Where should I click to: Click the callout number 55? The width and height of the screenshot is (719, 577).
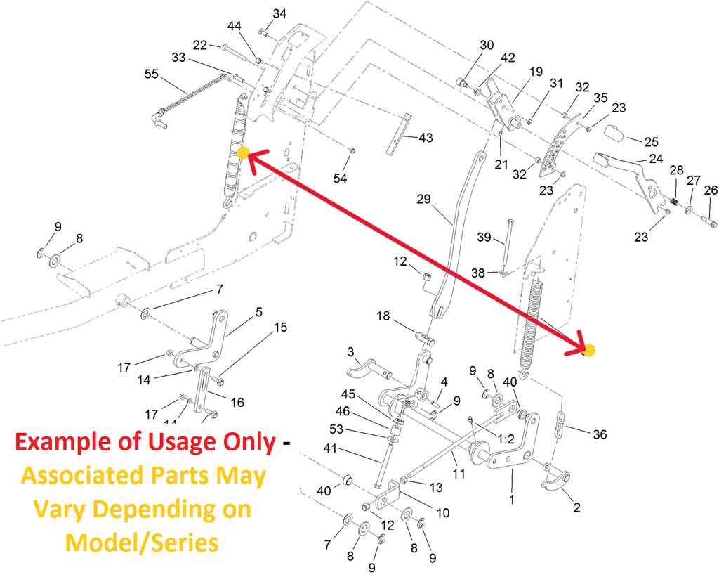pos(152,74)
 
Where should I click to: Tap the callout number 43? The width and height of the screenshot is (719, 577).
pos(426,138)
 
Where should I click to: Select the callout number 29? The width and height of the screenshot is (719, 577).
pos(423,199)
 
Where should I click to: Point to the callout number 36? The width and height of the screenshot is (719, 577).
pos(600,434)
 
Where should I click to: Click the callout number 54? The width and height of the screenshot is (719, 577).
pos(341,178)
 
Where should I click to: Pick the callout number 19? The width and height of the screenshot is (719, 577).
pos(536,72)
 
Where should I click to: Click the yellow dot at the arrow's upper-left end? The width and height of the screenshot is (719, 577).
pos(243,153)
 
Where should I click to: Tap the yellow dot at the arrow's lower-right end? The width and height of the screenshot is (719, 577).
pos(589,351)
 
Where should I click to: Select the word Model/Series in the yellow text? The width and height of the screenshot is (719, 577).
pos(142,543)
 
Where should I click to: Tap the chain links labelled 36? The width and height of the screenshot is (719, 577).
pos(560,425)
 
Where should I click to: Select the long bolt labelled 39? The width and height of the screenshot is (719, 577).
pos(508,244)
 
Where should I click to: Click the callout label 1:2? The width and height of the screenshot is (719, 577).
pos(506,439)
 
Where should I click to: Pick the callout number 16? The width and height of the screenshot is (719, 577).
pos(237,403)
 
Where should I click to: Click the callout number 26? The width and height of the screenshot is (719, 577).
pos(711,190)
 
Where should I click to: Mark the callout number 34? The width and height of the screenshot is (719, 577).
pos(279,14)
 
